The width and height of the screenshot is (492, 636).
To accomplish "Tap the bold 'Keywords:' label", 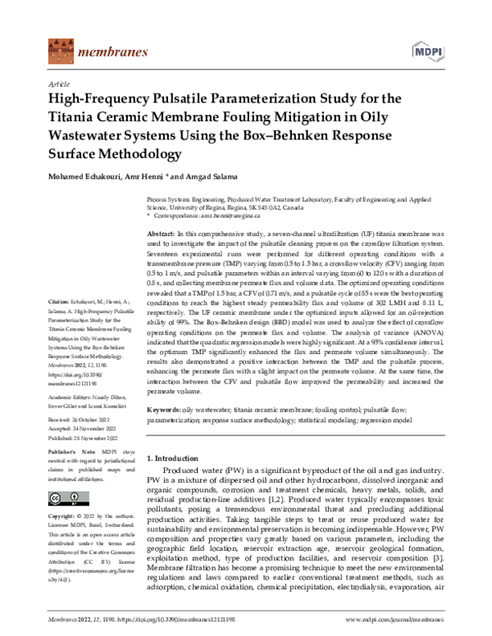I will click(x=168, y=409).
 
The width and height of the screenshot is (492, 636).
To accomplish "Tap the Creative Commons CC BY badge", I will click(x=64, y=497).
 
